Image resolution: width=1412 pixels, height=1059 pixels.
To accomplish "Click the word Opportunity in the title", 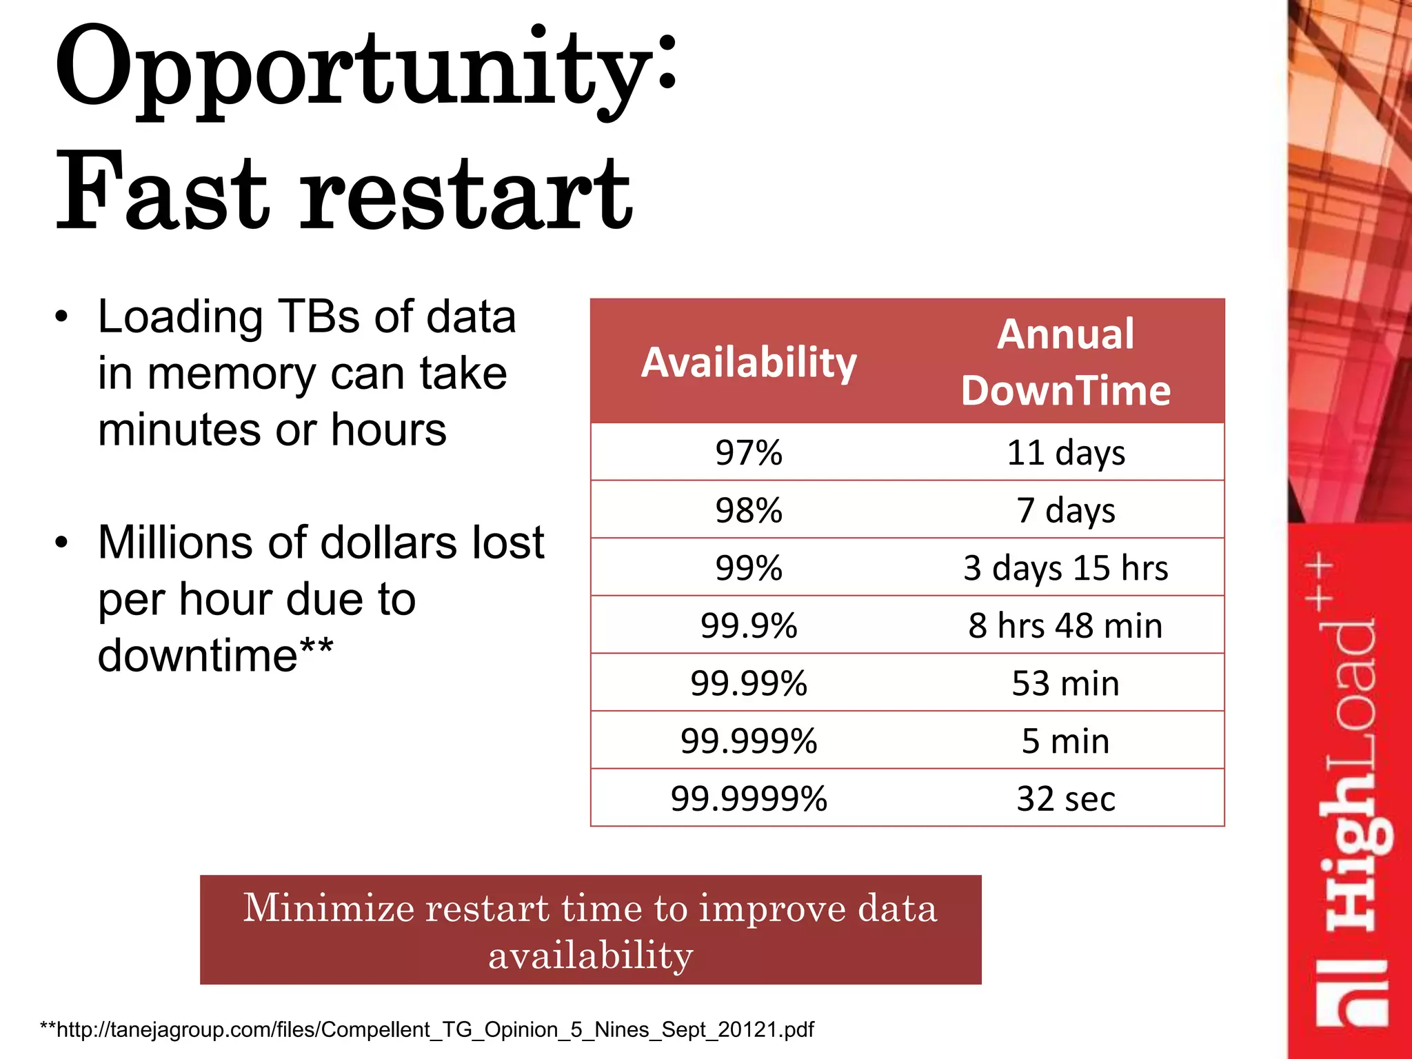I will coord(352,72).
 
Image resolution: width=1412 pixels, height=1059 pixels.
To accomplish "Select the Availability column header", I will coord(749,362).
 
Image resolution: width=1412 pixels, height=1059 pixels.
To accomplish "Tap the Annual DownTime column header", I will coord(1065,362).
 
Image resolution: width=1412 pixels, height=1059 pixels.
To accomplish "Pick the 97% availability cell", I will coord(749,453).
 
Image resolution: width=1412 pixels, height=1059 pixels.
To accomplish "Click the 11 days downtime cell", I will coord(1065,453).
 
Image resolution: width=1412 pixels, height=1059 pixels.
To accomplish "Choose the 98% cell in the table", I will coord(749,511).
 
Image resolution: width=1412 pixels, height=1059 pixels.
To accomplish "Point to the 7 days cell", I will coord(1065,511).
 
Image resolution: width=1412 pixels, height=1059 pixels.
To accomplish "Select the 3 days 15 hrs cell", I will coord(1065,568).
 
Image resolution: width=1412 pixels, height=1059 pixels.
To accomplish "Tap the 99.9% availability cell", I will coord(749,626).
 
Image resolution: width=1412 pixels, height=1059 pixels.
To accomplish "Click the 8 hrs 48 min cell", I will coord(1065,626).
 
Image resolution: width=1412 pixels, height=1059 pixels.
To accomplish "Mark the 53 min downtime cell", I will coord(1065,684).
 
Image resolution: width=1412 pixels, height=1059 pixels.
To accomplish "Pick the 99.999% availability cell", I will coord(749,741).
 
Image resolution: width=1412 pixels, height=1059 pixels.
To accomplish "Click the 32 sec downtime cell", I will coord(1065,799).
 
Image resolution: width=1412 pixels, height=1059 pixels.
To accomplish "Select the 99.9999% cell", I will coord(749,799).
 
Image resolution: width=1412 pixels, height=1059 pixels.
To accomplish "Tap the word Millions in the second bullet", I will coord(176,543).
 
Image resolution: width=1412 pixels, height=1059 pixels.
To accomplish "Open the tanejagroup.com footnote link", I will coord(427,1029).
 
